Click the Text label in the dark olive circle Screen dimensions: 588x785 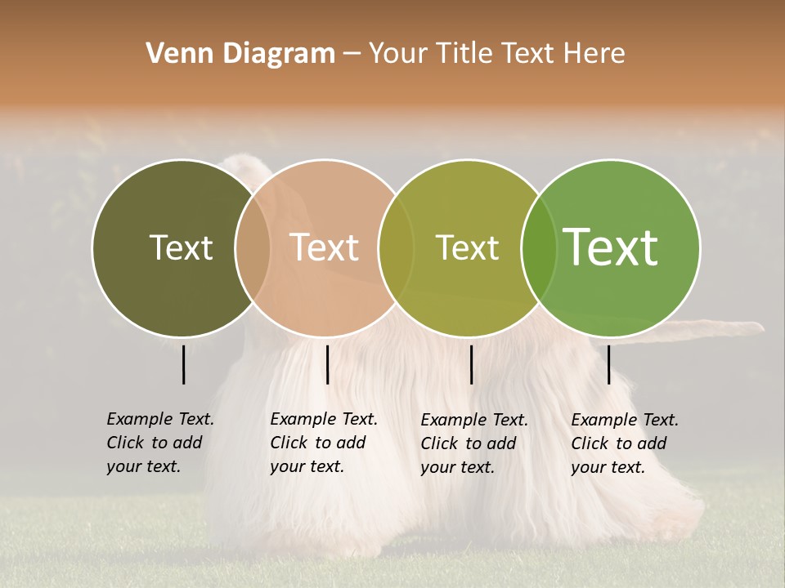point(181,247)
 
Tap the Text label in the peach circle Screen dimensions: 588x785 point(324,247)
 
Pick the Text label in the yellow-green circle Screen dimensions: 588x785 point(467,247)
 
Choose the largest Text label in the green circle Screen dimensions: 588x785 point(610,247)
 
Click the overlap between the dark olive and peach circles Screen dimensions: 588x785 point(253,247)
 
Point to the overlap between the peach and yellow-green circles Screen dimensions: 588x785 point(396,247)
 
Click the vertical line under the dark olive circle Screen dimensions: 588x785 point(183,364)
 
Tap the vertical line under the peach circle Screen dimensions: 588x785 point(327,364)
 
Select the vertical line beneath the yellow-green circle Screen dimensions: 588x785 point(471,364)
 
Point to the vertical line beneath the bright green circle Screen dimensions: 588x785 point(608,364)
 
